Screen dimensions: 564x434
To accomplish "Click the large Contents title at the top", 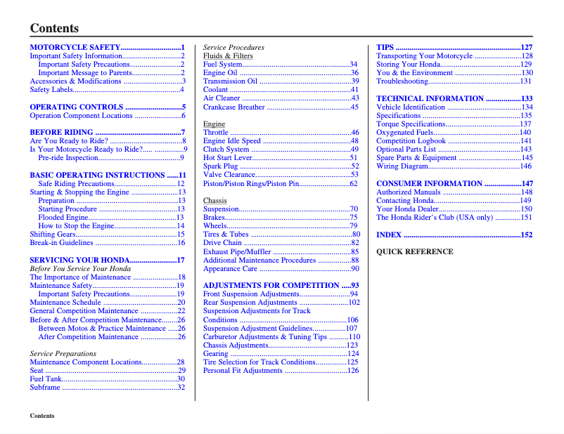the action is (x=54, y=29).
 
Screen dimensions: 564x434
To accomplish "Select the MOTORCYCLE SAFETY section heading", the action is (x=75, y=48).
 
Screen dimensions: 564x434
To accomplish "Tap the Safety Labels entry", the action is (x=51, y=90).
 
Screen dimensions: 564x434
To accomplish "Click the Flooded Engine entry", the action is (x=63, y=218).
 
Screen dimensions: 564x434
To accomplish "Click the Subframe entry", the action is (x=44, y=388).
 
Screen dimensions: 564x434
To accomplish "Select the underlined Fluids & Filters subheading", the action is (x=228, y=56).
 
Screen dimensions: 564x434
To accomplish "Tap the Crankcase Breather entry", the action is (x=234, y=107).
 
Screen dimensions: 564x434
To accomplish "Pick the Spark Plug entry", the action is (x=221, y=166).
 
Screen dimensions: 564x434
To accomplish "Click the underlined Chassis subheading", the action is (x=215, y=201).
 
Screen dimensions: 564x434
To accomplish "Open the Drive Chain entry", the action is (x=222, y=243).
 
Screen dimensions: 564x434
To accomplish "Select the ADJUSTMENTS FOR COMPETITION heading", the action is (x=271, y=286).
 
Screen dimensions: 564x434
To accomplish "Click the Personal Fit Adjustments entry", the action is (x=243, y=371).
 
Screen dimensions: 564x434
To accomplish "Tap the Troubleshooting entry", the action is (x=402, y=81).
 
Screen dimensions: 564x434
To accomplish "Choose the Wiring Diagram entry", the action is (x=402, y=166).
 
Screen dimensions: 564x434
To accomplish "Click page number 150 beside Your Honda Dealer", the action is (x=526, y=209).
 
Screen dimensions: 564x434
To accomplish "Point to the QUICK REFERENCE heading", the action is (x=414, y=251).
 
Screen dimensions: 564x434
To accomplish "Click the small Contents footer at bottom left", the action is (x=42, y=416).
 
